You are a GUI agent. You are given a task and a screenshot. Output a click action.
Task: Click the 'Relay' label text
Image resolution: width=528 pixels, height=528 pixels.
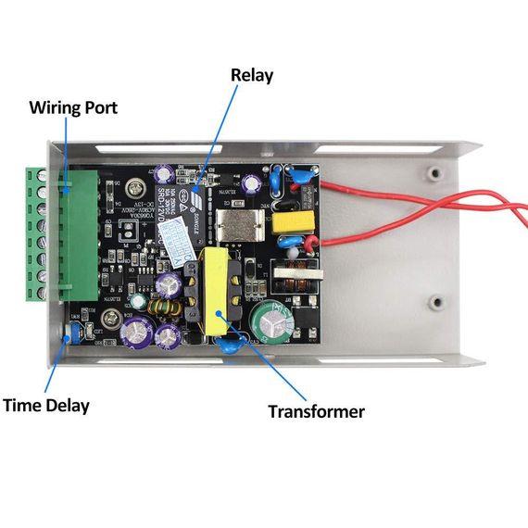click(x=251, y=75)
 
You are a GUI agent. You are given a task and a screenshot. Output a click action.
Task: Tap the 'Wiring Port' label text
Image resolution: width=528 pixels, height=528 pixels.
click(x=73, y=107)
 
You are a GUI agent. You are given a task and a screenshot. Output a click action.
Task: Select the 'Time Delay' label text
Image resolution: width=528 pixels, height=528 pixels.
click(x=45, y=406)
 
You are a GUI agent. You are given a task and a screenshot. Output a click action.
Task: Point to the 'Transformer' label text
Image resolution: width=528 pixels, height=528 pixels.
click(x=316, y=411)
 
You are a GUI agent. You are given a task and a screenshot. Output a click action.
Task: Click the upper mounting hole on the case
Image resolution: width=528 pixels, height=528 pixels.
click(x=433, y=172)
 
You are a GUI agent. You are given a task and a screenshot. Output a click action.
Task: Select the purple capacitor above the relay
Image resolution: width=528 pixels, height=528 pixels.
click(x=164, y=172)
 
